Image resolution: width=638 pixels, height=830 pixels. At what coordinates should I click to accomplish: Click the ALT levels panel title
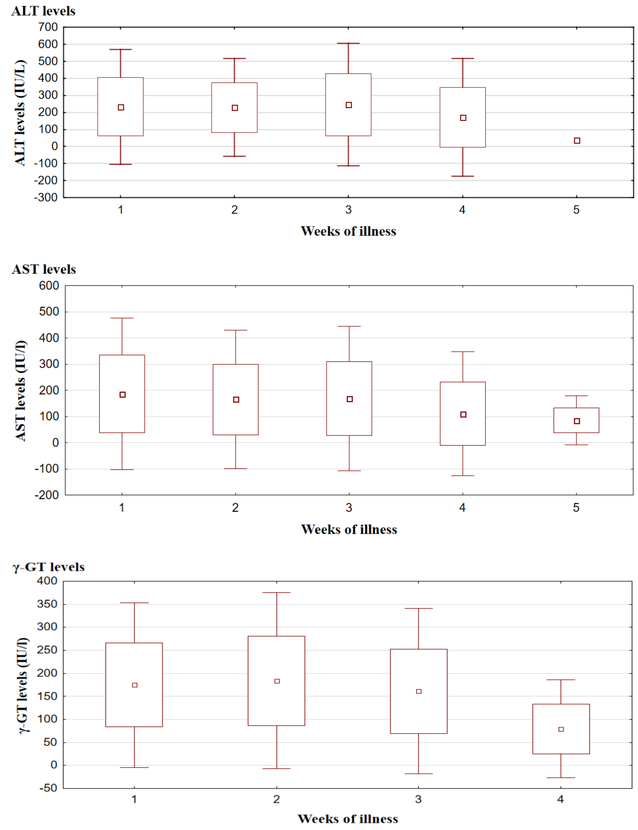click(x=43, y=11)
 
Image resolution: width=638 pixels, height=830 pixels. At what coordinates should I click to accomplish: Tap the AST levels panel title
click(x=44, y=269)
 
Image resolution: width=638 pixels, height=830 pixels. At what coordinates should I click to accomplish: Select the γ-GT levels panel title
click(x=49, y=567)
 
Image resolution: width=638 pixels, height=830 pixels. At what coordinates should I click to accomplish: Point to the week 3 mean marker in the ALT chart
click(x=349, y=105)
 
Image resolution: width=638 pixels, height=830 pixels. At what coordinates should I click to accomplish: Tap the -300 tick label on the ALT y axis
click(x=46, y=197)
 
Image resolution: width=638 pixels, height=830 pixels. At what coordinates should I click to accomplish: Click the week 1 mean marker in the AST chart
click(x=122, y=395)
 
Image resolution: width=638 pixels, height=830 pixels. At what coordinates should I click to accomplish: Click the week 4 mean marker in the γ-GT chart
click(x=561, y=729)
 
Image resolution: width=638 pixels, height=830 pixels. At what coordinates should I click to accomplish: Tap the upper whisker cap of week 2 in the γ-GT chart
click(x=277, y=593)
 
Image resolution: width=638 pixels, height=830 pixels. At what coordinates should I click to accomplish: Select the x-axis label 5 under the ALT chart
click(x=576, y=210)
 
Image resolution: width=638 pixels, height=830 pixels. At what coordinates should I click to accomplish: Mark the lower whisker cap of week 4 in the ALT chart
click(x=463, y=176)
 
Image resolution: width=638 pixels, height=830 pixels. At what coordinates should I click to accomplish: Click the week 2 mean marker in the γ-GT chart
click(x=277, y=681)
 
